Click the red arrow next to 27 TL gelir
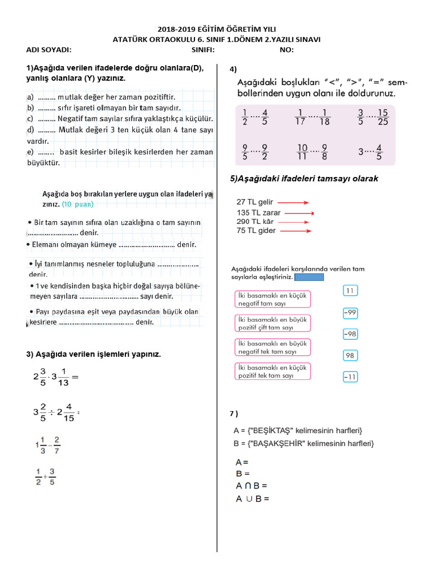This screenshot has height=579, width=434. (292, 202)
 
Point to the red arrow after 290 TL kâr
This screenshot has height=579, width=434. (293, 222)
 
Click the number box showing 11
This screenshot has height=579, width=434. (350, 291)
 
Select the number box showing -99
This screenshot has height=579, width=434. (350, 313)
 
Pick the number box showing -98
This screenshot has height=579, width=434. (350, 334)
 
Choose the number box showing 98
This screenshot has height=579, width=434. (350, 356)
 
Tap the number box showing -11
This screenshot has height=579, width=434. (350, 377)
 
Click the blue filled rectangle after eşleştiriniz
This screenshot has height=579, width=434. (309, 277)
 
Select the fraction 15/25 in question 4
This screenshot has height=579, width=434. (383, 116)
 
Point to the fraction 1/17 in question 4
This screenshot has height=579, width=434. (301, 116)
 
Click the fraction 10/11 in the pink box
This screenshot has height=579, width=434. (302, 152)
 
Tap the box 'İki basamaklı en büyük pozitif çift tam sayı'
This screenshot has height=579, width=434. (272, 323)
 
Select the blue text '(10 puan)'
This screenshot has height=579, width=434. (78, 204)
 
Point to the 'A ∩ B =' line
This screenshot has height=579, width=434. (251, 486)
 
